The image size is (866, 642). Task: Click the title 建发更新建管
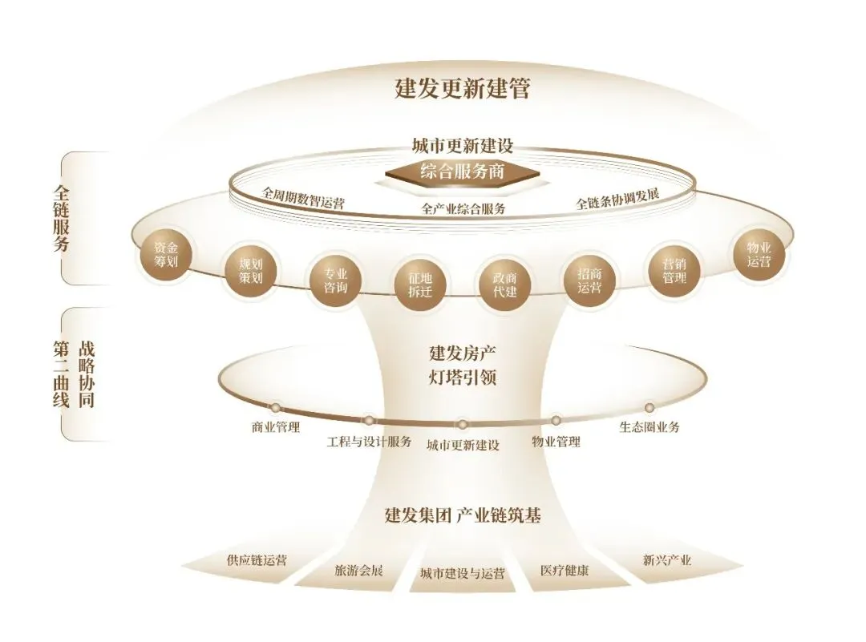point(463,88)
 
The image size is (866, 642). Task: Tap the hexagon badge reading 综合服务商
point(463,172)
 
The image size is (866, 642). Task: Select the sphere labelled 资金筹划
point(166,255)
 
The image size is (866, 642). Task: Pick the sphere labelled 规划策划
point(250,271)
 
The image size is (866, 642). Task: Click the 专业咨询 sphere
point(335,281)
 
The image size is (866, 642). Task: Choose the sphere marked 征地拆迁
point(419,285)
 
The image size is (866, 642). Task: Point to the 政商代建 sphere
point(504,285)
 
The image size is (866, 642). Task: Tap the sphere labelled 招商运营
point(589,281)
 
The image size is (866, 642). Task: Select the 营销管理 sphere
point(674,271)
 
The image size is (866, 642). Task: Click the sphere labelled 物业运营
point(759,255)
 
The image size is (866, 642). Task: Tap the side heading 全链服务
point(61,218)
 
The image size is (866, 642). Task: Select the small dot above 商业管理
point(275,408)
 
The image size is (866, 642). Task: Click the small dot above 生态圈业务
point(649,407)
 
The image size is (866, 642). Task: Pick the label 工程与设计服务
point(369,442)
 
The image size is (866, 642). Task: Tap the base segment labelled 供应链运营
point(249,563)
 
